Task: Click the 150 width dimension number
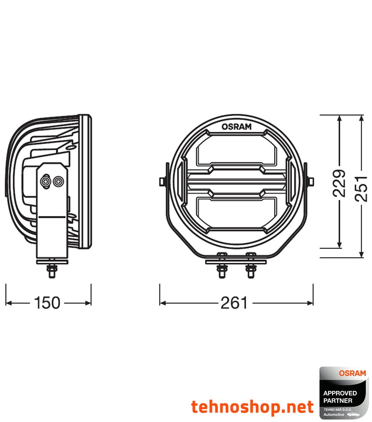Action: coord(47,303)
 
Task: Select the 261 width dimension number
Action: coord(234,303)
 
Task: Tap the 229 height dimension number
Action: coord(339,183)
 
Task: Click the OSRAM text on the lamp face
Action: coord(236,127)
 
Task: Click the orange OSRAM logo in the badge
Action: coord(352,373)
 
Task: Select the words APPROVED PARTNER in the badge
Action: coord(340,397)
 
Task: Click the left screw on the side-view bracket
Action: coord(45,181)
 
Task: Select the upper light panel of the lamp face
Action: coord(236,151)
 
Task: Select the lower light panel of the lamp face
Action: coord(236,212)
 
